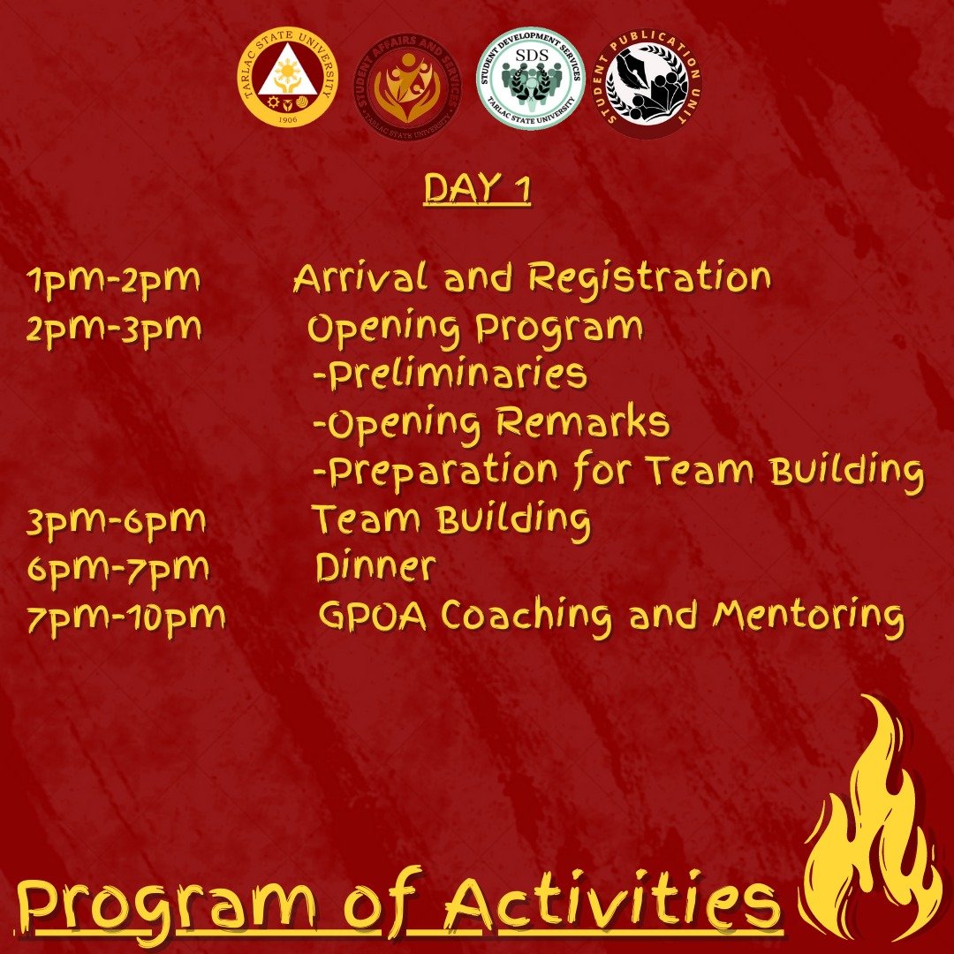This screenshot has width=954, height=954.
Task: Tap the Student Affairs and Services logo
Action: point(407,86)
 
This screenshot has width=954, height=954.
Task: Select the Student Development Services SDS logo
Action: point(531,78)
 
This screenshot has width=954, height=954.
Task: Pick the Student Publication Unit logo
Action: point(647,82)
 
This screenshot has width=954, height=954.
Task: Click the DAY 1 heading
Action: point(478,188)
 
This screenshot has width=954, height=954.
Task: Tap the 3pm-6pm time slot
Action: point(117,522)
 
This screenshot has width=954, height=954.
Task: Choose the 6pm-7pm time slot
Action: point(118,570)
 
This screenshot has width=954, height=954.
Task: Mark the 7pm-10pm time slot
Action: point(126,618)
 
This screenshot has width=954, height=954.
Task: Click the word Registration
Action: point(650,278)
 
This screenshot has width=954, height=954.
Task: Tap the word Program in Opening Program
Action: point(559,329)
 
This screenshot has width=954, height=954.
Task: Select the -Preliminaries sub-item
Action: point(450,375)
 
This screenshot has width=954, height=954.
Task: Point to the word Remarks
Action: point(582,421)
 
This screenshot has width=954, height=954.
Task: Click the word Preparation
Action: point(443,472)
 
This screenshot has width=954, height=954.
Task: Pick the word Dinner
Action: point(376,567)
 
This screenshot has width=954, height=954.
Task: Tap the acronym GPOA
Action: point(373,615)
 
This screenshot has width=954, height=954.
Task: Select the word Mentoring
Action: point(808,617)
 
